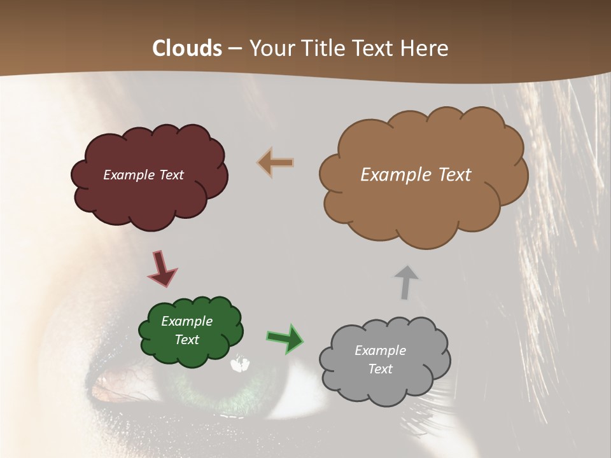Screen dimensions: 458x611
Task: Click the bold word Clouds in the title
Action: [x=187, y=48]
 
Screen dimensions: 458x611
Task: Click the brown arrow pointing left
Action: [x=276, y=162]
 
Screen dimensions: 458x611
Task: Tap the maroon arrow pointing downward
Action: [x=163, y=269]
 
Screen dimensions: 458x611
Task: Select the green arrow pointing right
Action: [x=285, y=338]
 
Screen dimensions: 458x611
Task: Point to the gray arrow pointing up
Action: [x=405, y=282]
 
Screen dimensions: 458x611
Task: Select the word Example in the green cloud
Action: [x=186, y=322]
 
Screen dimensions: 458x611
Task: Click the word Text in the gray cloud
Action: [x=380, y=369]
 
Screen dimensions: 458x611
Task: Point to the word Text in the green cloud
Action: [x=186, y=340]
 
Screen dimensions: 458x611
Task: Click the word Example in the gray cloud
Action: [x=380, y=350]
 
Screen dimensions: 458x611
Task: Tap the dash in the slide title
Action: [x=234, y=48]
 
